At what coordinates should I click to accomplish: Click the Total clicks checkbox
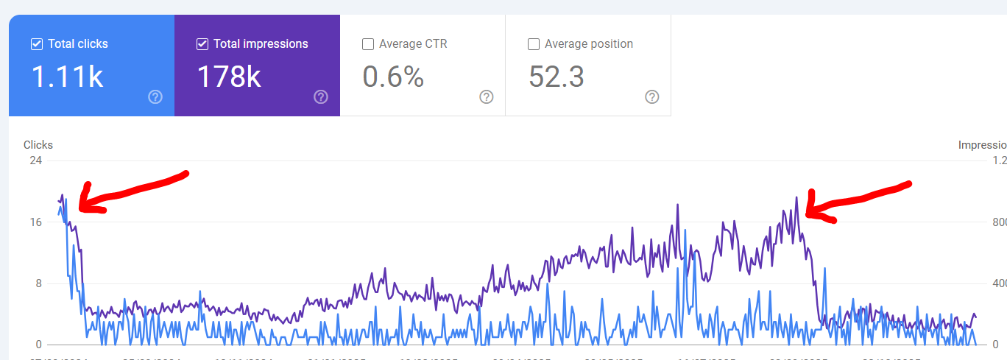point(37,44)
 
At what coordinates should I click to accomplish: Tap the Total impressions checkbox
point(202,44)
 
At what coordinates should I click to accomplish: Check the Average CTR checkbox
point(368,44)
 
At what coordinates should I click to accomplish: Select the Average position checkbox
point(534,44)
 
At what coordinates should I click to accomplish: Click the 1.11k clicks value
point(67,77)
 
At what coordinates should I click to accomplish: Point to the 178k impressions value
point(229,77)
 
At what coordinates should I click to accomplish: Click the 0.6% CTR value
point(393,77)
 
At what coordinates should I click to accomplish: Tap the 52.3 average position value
point(556,77)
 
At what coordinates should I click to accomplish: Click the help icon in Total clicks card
point(155,97)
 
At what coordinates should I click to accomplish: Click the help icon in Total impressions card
point(321,97)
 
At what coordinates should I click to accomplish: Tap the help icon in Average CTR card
point(487,97)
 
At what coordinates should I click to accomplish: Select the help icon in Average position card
point(652,97)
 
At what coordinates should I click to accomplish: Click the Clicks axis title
point(38,145)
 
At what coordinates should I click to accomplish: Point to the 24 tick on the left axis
point(35,160)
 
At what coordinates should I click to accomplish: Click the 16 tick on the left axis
point(35,222)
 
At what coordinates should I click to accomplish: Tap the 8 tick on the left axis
point(38,283)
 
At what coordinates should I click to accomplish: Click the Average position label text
point(588,44)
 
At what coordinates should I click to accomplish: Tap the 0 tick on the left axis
point(38,345)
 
